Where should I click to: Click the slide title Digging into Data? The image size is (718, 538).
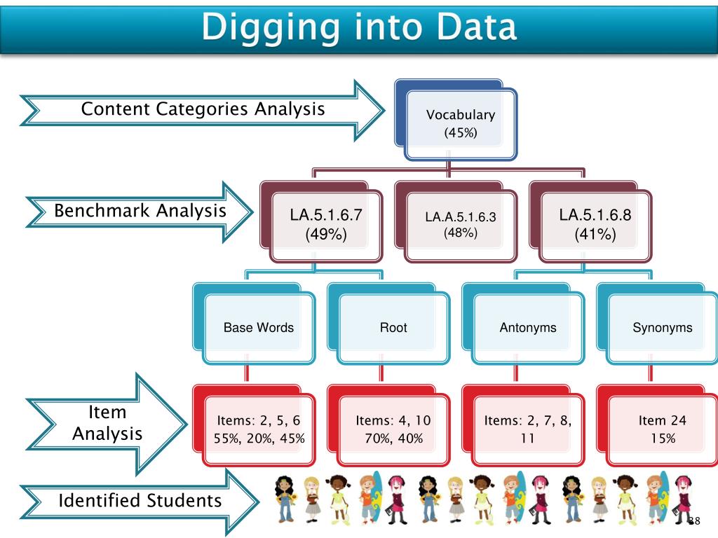click(359, 28)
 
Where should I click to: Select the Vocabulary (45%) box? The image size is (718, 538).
click(461, 123)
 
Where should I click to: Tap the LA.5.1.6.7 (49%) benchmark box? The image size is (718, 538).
click(326, 225)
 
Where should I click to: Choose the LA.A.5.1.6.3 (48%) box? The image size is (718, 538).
click(460, 225)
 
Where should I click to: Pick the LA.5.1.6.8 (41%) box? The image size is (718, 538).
click(595, 225)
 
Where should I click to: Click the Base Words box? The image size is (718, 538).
click(259, 327)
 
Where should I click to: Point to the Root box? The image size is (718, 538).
click(393, 327)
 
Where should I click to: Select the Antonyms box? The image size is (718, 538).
click(528, 327)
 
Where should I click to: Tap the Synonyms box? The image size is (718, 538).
click(663, 327)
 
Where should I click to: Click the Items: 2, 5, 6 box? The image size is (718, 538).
click(259, 429)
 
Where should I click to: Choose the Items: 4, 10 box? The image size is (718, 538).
click(393, 429)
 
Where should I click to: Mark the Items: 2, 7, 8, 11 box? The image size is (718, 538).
click(528, 429)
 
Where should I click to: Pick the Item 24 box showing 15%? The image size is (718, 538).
click(663, 429)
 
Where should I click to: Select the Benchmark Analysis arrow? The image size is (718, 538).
click(140, 211)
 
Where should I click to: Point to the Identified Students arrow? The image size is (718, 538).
click(140, 501)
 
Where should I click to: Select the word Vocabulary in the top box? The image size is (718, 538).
click(461, 116)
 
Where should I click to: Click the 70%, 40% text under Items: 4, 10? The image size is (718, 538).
click(393, 439)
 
